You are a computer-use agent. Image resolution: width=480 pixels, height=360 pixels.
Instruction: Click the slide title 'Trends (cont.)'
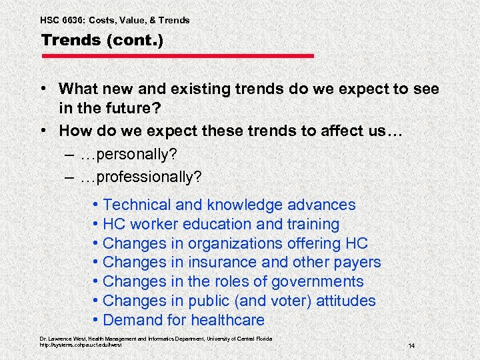tap(101, 39)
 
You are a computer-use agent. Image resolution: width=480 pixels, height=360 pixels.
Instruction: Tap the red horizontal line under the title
tap(177, 56)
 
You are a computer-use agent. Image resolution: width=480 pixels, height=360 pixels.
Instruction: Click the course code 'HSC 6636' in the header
tap(62, 20)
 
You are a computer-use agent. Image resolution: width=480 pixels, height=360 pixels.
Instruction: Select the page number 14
tap(411, 346)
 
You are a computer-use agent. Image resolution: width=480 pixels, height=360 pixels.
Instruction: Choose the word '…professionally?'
tap(140, 177)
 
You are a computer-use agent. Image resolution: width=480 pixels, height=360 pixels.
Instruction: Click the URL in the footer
tap(81, 345)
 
